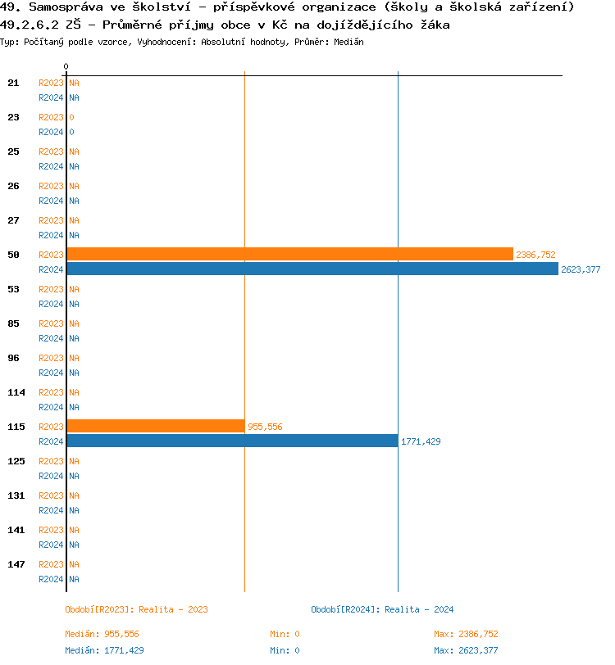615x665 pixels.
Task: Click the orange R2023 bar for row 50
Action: click(x=289, y=254)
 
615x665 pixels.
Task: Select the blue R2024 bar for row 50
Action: click(x=312, y=269)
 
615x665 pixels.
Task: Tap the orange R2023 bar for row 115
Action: click(x=155, y=426)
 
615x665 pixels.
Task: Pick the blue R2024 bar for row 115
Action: click(x=232, y=441)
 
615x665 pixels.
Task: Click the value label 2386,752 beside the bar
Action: click(x=535, y=256)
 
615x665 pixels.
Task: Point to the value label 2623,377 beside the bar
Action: click(x=581, y=270)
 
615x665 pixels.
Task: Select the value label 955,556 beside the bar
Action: click(x=265, y=427)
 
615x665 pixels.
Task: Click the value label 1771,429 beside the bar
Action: click(x=421, y=441)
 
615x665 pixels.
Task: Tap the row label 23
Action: click(x=13, y=117)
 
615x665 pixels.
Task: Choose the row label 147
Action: click(x=16, y=564)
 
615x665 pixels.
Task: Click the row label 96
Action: click(x=13, y=358)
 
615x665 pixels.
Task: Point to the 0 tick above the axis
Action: click(x=66, y=66)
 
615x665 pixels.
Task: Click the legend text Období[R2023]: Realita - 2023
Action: click(x=136, y=609)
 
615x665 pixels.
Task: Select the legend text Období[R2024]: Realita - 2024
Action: click(x=382, y=609)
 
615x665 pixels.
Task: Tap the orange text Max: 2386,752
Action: click(x=466, y=634)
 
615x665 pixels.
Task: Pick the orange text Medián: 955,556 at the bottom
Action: click(x=102, y=634)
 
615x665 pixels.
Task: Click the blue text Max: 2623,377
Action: click(x=466, y=650)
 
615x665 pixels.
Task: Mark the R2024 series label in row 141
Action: click(x=51, y=545)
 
